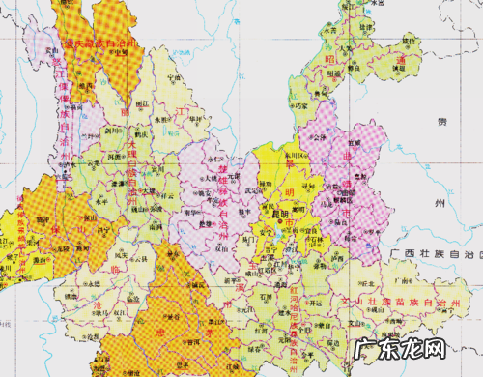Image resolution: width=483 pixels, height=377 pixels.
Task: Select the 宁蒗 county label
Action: point(174,78)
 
